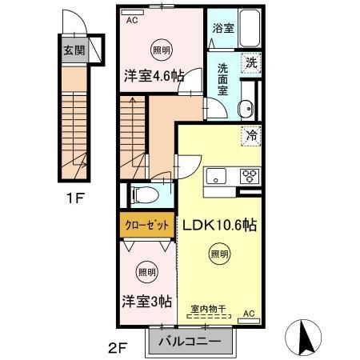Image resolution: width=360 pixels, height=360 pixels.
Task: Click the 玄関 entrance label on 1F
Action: [x=74, y=50]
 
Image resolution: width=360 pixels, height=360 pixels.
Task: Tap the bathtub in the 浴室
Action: [x=250, y=28]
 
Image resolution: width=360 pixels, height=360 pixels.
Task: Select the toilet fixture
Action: [x=145, y=194]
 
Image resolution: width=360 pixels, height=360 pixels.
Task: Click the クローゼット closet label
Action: [x=147, y=226]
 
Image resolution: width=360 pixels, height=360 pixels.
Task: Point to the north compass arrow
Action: [x=303, y=338]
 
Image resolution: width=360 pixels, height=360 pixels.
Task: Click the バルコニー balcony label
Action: [x=190, y=341]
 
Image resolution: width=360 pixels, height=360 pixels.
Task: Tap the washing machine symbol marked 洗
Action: [x=251, y=62]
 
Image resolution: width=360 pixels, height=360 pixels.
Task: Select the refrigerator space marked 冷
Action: [x=251, y=136]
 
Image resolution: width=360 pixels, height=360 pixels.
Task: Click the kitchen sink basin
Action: [x=216, y=176]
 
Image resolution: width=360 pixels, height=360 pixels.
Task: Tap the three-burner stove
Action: [x=250, y=176]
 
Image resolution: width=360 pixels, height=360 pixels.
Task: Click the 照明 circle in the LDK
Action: [x=220, y=254]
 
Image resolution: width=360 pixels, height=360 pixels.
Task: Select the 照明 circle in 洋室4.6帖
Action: [x=162, y=50]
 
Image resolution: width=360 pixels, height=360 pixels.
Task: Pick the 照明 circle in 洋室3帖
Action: [x=147, y=272]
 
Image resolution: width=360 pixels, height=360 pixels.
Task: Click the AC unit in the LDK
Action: [x=249, y=321]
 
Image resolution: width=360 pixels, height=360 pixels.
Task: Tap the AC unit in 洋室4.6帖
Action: [x=132, y=12]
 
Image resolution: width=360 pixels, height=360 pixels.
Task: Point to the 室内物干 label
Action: [x=209, y=309]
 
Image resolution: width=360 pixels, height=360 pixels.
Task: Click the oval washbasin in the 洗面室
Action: [x=246, y=109]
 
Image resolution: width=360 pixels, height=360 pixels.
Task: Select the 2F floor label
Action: [x=118, y=348]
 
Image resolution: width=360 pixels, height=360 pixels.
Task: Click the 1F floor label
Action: [x=75, y=198]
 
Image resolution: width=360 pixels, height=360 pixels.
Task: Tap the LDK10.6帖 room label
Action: [x=219, y=226]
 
